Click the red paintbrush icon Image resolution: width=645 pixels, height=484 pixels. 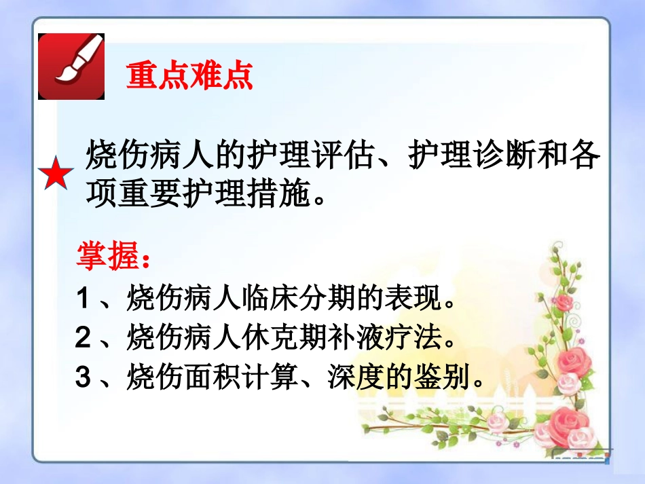[71, 67]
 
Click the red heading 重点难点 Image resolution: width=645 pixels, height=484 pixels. [189, 76]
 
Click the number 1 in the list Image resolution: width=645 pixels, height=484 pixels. [83, 299]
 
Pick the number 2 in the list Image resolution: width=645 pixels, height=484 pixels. [83, 338]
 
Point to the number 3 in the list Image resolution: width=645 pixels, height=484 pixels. [83, 377]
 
